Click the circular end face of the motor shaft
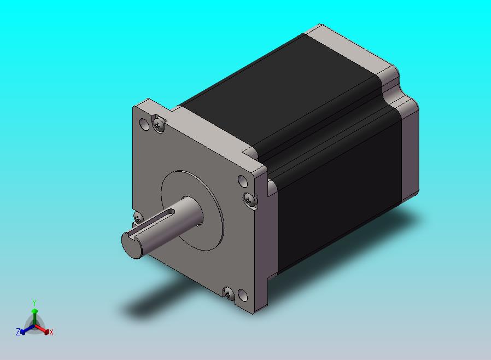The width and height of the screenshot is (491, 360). click(131, 245)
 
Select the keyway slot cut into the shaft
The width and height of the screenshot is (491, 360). click(154, 223)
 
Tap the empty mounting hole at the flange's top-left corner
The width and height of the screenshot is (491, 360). click(144, 124)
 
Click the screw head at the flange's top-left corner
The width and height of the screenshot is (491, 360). click(158, 125)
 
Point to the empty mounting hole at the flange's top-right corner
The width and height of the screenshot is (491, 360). click(243, 181)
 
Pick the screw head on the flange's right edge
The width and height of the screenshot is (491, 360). click(249, 200)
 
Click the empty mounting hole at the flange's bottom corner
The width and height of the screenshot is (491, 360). click(243, 295)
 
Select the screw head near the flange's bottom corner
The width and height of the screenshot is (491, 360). click(229, 293)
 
